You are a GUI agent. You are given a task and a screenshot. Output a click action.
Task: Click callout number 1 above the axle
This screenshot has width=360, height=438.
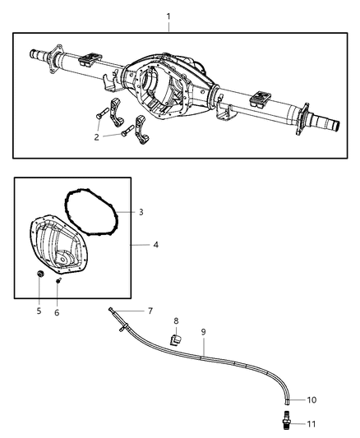[x=169, y=16]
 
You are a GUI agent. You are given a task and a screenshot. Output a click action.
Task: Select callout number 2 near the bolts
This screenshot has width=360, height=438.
[x=96, y=137]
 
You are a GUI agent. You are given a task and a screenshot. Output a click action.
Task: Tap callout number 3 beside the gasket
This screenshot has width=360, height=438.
[x=141, y=212]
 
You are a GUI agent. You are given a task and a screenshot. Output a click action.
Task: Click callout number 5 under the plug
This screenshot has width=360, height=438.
[x=38, y=311]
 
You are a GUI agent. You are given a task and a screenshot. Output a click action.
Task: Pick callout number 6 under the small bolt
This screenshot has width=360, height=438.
[x=57, y=312]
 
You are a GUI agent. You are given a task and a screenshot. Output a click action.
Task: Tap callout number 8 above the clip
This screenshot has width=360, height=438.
[x=175, y=321]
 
